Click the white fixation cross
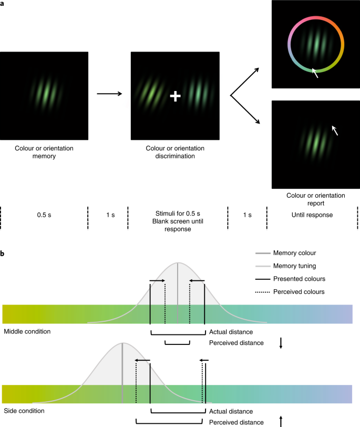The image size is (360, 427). (x=176, y=96)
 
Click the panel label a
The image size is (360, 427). (x=3, y=3)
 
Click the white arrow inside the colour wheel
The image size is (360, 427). (x=315, y=73)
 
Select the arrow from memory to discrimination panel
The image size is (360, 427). (x=109, y=94)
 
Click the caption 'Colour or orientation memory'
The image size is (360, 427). (x=44, y=152)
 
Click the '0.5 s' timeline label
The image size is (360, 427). (x=44, y=215)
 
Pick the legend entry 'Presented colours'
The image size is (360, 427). (x=299, y=279)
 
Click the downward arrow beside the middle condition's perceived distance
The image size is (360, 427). (x=281, y=343)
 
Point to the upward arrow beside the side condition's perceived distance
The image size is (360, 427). (x=281, y=421)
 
